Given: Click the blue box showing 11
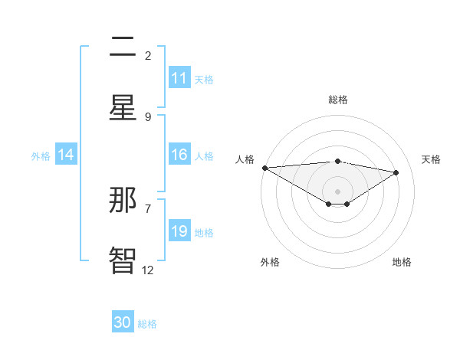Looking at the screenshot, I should pos(179,78).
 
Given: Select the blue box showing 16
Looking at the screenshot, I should pos(179,155).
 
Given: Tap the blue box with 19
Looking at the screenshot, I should pos(179,231).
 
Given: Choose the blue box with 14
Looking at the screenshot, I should pos(66,155).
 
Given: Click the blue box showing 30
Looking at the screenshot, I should pos(123,322).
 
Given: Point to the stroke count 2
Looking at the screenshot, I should pos(148,55).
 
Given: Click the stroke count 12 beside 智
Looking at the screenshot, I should pos(148,270).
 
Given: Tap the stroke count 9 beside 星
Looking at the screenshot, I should pos(148,116).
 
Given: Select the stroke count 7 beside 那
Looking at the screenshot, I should pos(148,208).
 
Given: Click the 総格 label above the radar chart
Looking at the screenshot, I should pos(337,100).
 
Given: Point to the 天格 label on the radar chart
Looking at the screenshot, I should pos(431,159).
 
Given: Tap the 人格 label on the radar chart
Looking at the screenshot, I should pos(245,159).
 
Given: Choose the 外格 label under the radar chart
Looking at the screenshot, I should pos(270,262).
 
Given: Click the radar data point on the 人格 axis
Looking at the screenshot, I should pos(264,168).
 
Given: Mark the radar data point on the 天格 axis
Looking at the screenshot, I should pos(396,172).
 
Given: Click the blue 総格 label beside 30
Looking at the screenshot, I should pos(147,324).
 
